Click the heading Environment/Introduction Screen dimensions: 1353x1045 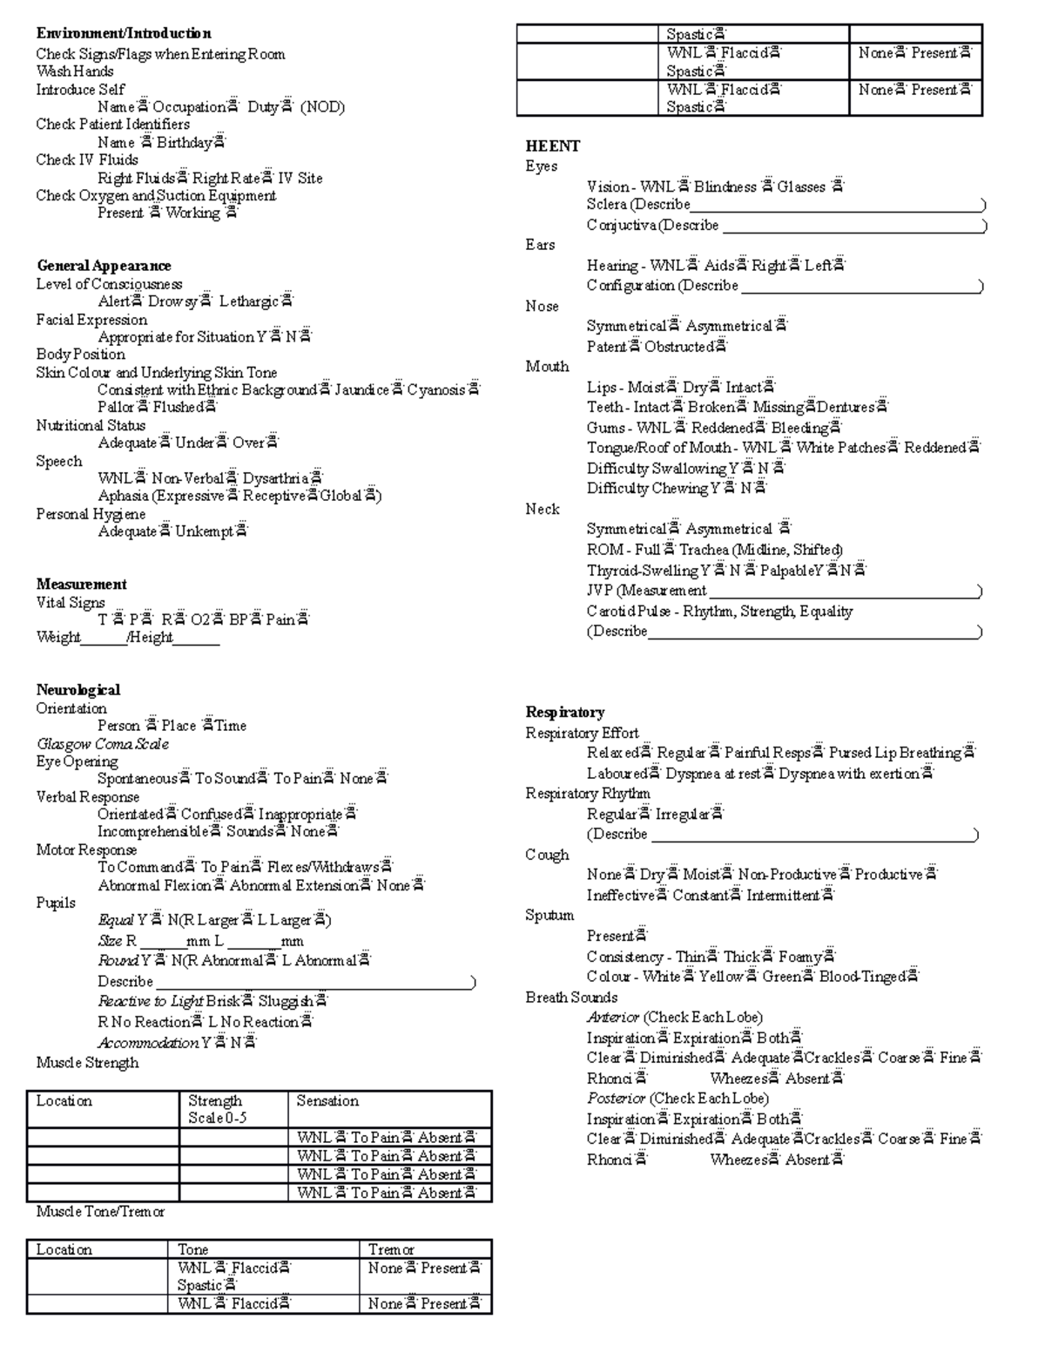124,34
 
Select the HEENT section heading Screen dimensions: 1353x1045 552,145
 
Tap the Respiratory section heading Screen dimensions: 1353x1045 564,712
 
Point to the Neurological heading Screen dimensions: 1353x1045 78,689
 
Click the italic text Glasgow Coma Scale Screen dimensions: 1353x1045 102,743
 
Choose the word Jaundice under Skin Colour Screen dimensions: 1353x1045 361,389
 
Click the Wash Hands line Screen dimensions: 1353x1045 75,71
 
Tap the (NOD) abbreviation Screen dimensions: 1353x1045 322,107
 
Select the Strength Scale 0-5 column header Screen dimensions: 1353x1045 215,1108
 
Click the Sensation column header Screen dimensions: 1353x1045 327,1100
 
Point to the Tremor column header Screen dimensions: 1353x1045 391,1249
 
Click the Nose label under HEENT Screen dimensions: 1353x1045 542,306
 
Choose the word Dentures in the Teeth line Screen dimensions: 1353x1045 846,407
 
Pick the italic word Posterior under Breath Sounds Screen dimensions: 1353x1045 616,1098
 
